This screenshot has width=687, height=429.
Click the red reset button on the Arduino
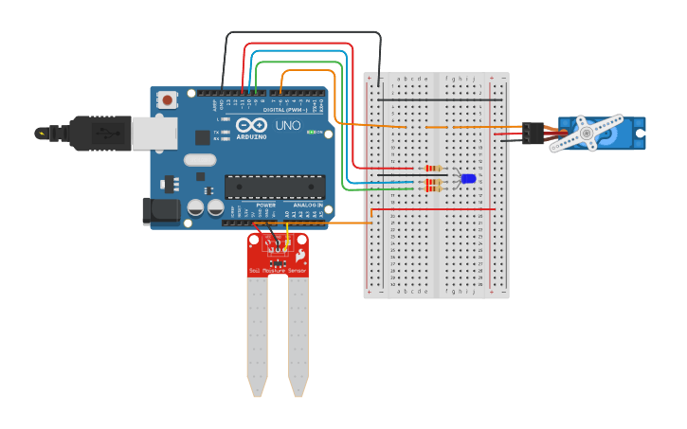[168, 99]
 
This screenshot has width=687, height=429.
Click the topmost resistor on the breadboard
[433, 169]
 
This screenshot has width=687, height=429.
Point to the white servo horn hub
[587, 134]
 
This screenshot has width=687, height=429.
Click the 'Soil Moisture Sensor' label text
[278, 271]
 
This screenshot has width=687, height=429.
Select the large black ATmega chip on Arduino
[275, 187]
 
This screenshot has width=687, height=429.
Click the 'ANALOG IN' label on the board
[307, 205]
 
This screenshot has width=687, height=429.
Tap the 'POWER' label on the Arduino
[266, 205]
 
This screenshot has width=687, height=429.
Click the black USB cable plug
[99, 134]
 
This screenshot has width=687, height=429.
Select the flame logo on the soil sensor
[300, 255]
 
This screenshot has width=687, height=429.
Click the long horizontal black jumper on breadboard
[440, 98]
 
